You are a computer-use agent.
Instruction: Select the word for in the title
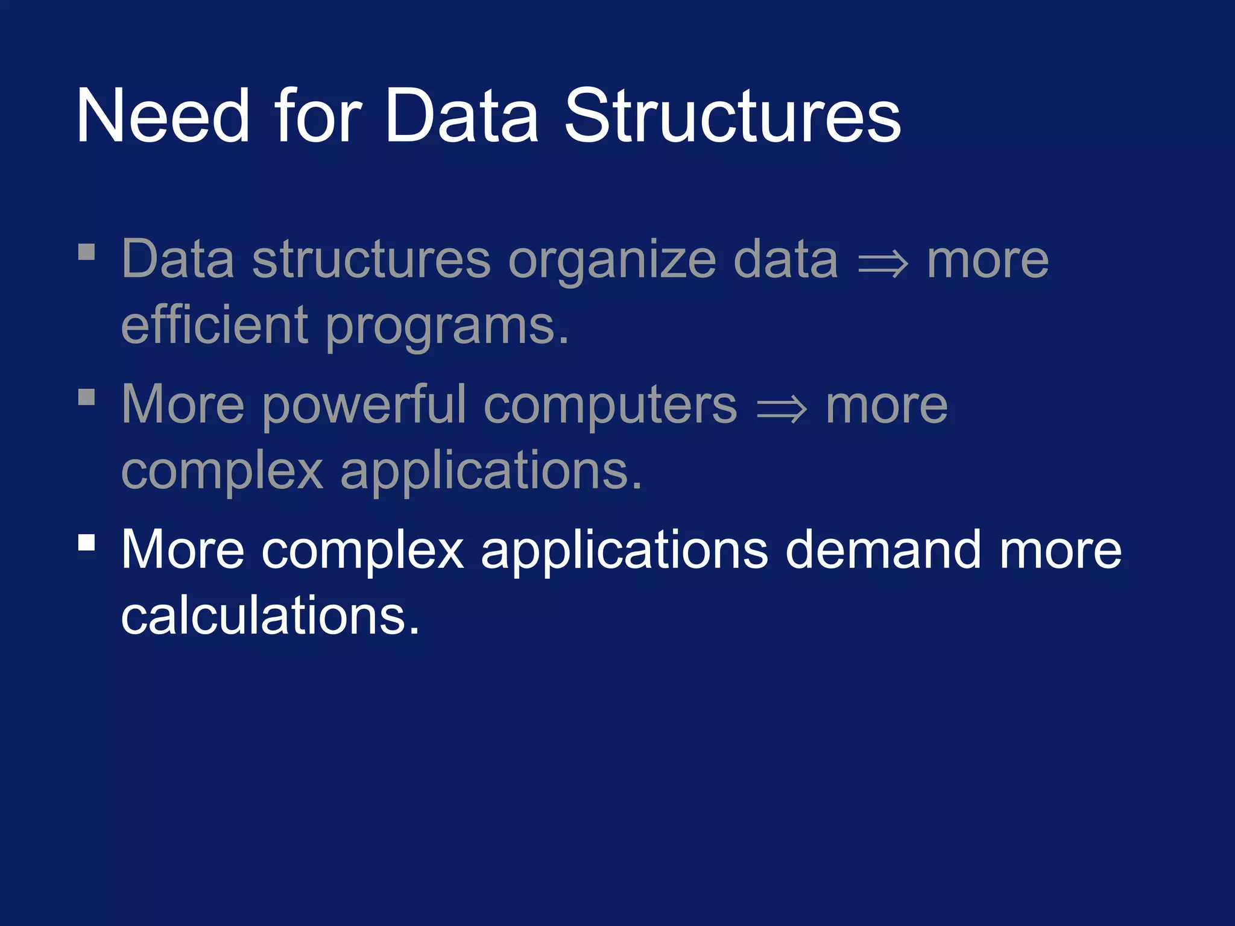tap(318, 116)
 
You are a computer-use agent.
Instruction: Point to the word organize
tap(613, 260)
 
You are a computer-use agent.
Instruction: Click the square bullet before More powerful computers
tap(87, 397)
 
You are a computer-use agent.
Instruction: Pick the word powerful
tap(364, 406)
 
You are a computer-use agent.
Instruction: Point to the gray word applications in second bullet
tap(491, 472)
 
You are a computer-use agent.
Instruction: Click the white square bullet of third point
tap(87, 542)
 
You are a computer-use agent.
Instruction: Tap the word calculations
tap(270, 616)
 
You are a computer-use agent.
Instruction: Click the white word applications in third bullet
tap(625, 551)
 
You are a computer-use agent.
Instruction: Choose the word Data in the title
tap(461, 116)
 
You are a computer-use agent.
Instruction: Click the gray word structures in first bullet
tap(371, 260)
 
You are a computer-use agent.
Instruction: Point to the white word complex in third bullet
tap(362, 551)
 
